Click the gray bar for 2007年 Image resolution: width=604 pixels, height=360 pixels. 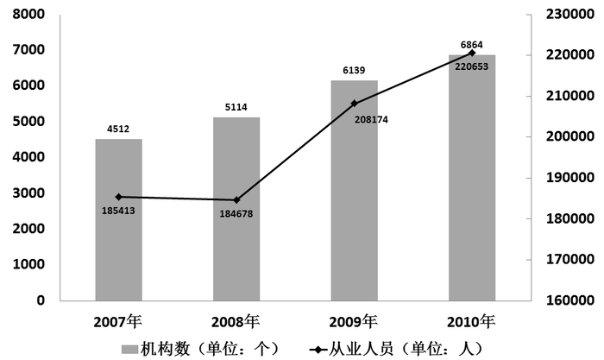[x=118, y=219]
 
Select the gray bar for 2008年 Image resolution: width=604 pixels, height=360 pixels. [x=236, y=208]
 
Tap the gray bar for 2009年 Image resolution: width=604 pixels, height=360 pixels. [x=354, y=190]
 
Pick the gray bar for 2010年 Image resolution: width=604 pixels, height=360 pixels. [x=472, y=177]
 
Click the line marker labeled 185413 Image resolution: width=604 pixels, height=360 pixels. [x=118, y=197]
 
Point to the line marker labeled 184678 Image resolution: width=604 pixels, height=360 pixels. [x=236, y=199]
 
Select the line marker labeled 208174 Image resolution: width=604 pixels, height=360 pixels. [x=354, y=104]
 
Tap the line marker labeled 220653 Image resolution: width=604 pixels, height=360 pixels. [x=472, y=53]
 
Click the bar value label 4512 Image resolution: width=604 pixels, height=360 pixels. [x=118, y=129]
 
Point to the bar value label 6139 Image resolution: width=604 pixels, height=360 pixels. [x=354, y=71]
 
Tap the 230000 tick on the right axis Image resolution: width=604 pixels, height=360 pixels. [x=565, y=15]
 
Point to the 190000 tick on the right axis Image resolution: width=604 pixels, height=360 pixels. [x=565, y=178]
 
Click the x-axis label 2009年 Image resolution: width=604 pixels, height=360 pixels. [x=354, y=322]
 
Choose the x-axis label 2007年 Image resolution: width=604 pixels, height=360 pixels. [x=118, y=322]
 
